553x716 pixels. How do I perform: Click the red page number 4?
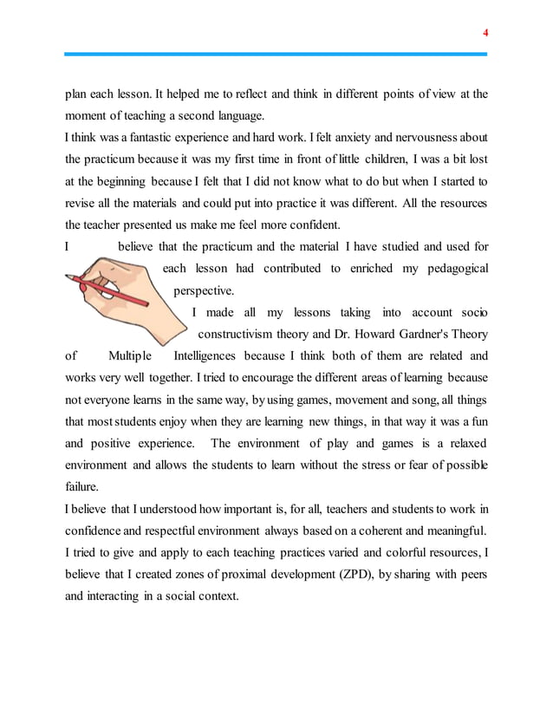485,32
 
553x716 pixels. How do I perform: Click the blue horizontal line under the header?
276,54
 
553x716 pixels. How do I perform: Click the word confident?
287,225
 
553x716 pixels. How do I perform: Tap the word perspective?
205,290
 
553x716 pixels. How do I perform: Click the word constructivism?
241,334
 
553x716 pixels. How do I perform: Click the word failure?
82,485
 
